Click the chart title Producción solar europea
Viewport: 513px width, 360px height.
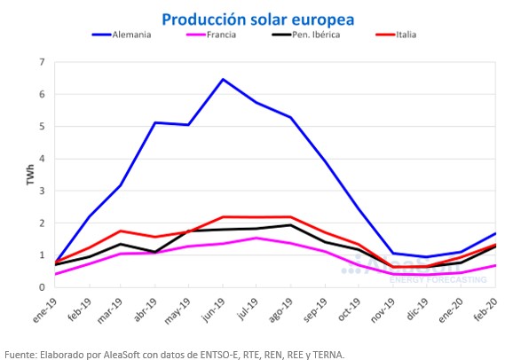258,20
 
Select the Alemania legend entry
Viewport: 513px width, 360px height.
122,35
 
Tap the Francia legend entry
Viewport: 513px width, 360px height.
211,35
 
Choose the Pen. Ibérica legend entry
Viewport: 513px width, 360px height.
306,35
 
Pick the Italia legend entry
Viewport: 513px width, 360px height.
396,35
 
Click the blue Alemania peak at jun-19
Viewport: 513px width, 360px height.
223,79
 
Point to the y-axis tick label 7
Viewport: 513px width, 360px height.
42,62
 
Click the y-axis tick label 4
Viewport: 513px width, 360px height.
42,159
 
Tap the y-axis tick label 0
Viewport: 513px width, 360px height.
42,287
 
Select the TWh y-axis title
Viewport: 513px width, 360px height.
30,175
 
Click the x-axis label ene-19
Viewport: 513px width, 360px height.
45,310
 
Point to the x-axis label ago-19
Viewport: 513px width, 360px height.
280,310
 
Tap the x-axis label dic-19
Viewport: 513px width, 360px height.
417,309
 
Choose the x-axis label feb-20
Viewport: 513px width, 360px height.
485,309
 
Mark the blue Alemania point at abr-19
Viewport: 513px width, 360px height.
155,122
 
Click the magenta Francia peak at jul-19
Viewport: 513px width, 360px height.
256,238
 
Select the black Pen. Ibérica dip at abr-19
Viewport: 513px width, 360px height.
155,252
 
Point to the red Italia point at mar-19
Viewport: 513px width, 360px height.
121,231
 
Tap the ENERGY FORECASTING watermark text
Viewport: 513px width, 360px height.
438,280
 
